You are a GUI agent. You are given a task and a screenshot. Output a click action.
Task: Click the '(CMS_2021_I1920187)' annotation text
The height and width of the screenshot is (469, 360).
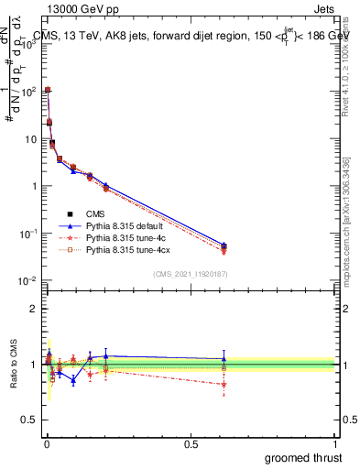[190, 274]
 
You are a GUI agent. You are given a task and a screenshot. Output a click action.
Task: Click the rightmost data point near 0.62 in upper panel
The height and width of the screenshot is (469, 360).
[224, 246]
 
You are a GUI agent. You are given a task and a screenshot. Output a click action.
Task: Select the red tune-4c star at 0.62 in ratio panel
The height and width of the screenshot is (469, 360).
[224, 384]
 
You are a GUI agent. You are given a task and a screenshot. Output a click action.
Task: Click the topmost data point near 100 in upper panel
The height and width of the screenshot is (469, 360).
[48, 90]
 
